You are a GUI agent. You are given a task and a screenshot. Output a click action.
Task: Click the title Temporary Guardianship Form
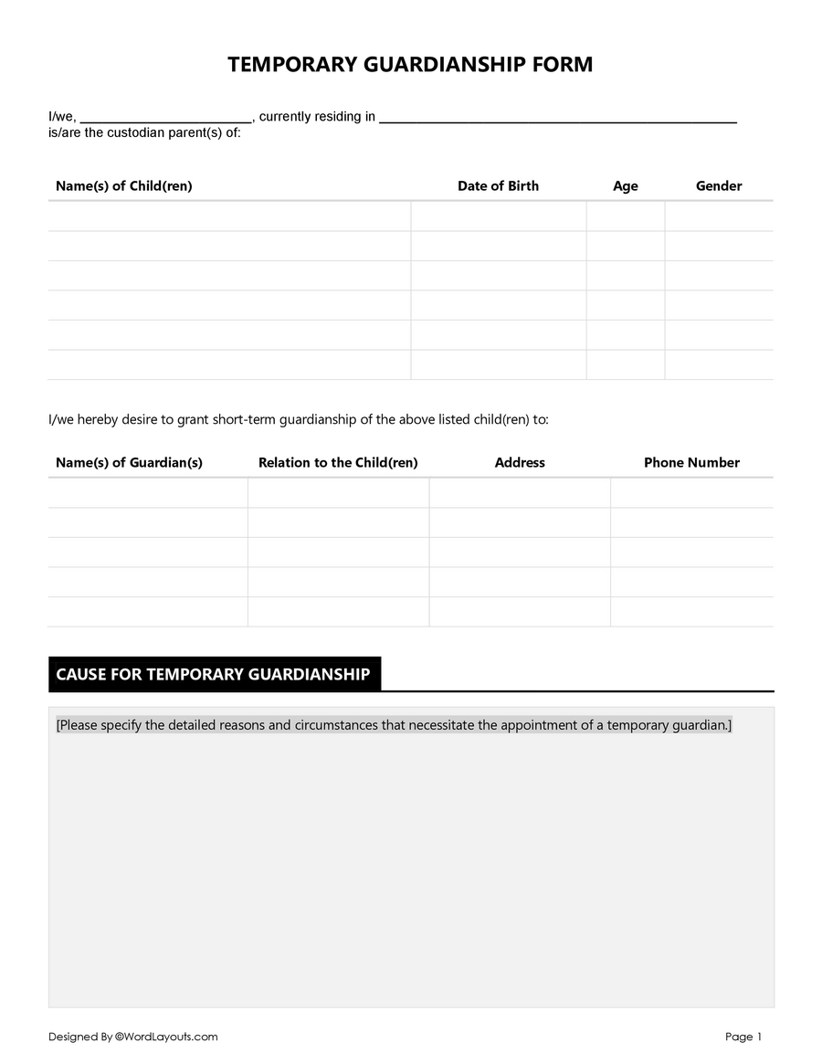click(x=410, y=65)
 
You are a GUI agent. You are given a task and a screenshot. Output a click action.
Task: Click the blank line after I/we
click(x=165, y=117)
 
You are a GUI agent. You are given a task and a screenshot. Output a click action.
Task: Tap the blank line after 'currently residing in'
click(x=557, y=117)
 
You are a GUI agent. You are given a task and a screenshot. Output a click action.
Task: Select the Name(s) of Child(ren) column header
click(x=124, y=186)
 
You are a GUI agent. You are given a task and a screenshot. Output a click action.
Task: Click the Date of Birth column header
click(x=498, y=186)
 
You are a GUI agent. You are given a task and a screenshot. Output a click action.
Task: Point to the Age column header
click(x=626, y=186)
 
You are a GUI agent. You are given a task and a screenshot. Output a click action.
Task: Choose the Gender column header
click(x=719, y=186)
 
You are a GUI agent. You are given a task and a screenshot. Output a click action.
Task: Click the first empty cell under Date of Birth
click(x=498, y=216)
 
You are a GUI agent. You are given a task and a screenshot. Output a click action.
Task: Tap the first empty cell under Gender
click(x=719, y=216)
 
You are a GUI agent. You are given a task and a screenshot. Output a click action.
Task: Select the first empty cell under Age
click(x=626, y=216)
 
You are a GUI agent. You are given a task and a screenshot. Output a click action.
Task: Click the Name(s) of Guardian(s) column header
click(x=129, y=463)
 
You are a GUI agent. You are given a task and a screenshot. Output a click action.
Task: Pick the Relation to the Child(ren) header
click(x=338, y=463)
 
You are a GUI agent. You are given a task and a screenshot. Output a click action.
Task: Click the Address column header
click(x=520, y=463)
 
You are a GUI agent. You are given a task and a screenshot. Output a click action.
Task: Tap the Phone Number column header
click(x=691, y=463)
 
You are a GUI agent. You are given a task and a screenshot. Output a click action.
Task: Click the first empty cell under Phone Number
click(x=691, y=493)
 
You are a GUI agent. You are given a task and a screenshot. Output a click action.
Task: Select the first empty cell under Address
click(x=520, y=493)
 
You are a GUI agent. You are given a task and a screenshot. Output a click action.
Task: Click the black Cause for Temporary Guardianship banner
click(x=214, y=674)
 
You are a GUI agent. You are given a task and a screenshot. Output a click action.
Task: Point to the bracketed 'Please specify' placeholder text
click(x=394, y=725)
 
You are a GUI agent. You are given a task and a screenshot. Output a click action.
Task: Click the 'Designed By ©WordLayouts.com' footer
click(x=133, y=1037)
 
